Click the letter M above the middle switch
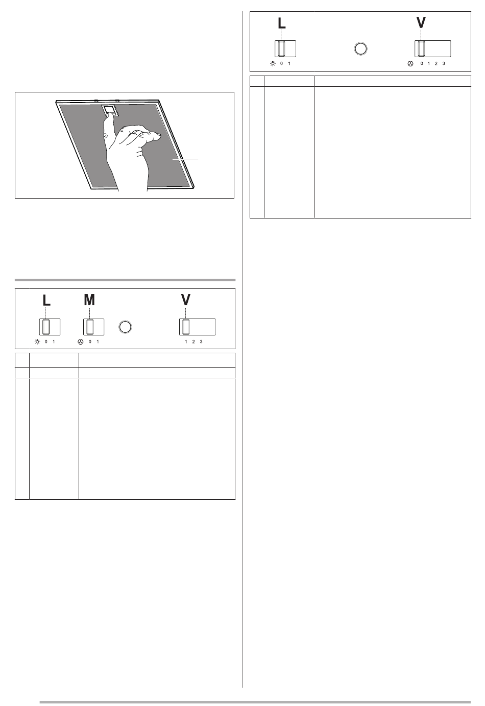click(89, 300)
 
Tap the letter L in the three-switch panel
click(46, 300)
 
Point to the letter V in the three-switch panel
click(186, 300)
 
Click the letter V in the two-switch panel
click(421, 22)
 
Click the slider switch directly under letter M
click(93, 327)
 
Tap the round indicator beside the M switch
click(125, 327)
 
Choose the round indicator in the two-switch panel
click(360, 49)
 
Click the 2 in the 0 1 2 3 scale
click(436, 63)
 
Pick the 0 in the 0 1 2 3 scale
click(422, 63)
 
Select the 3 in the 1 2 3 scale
click(201, 342)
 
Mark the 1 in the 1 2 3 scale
click(186, 342)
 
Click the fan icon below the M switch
click(80, 342)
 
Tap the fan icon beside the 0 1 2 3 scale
click(410, 64)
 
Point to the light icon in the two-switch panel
click(273, 63)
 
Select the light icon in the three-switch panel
click(37, 342)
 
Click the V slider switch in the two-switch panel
click(432, 49)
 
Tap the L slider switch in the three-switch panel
click(50, 327)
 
